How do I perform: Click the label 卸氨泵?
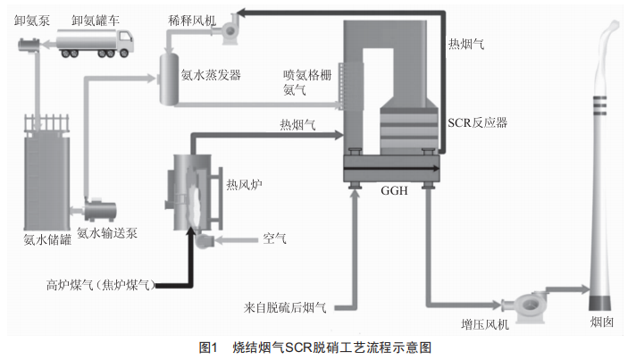click(32, 21)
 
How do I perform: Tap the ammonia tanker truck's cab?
click(126, 41)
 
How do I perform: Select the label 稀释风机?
click(192, 21)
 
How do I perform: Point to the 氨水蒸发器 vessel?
click(169, 79)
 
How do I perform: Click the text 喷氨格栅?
click(307, 75)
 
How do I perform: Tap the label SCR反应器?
click(477, 122)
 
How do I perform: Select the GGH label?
click(394, 190)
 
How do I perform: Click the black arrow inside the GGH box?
click(391, 168)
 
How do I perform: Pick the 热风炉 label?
click(244, 185)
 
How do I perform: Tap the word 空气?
click(274, 239)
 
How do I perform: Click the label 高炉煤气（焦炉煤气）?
click(101, 285)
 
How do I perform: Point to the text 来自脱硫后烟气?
click(285, 307)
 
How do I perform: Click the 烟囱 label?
click(601, 322)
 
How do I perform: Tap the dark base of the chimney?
click(600, 303)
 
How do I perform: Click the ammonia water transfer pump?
click(100, 210)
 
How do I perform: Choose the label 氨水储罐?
click(47, 239)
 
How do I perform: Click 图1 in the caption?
click(208, 347)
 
